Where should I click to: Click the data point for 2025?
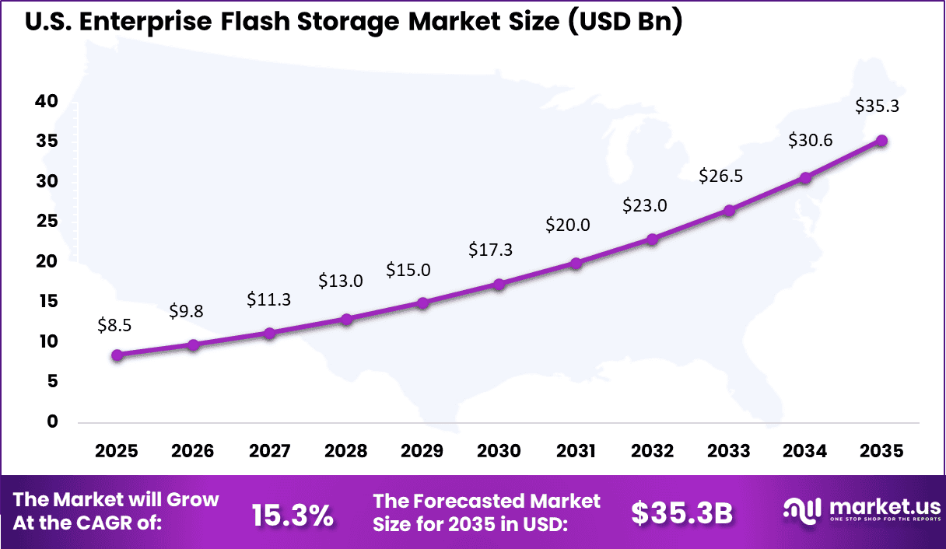point(117,355)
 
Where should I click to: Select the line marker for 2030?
point(499,285)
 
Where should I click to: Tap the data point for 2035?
point(881,141)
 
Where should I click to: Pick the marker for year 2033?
point(729,211)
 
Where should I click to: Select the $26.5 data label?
point(720,176)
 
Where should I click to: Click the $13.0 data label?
point(341,281)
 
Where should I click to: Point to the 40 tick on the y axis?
point(47,101)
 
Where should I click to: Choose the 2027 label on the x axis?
point(269,452)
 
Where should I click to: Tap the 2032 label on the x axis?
point(652,452)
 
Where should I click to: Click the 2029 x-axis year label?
point(422,452)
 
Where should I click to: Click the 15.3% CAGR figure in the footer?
point(293,514)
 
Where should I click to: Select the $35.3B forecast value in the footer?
point(681,513)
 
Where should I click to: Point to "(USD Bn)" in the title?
point(625,22)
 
